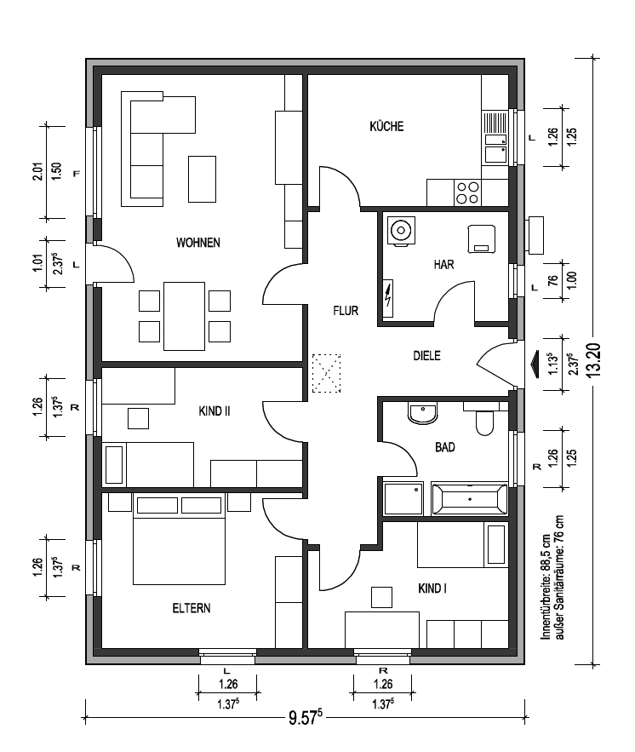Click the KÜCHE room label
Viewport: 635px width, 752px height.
tap(386, 127)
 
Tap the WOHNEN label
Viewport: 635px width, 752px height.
tap(198, 243)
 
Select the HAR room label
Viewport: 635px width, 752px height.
tap(443, 264)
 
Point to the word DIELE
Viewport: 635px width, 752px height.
tap(426, 356)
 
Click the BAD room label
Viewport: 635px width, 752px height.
tap(444, 447)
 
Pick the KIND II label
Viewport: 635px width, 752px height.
tap(215, 411)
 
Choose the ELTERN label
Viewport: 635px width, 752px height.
tap(192, 608)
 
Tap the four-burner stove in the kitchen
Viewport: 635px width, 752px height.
tap(466, 192)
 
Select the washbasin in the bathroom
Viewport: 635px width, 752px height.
tap(422, 413)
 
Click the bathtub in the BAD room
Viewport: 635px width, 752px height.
tap(470, 499)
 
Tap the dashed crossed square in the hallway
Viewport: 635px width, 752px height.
tap(326, 373)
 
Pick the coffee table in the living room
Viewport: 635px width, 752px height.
tap(202, 179)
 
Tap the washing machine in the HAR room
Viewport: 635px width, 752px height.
tap(401, 231)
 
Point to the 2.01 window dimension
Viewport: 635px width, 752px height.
tap(37, 172)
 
